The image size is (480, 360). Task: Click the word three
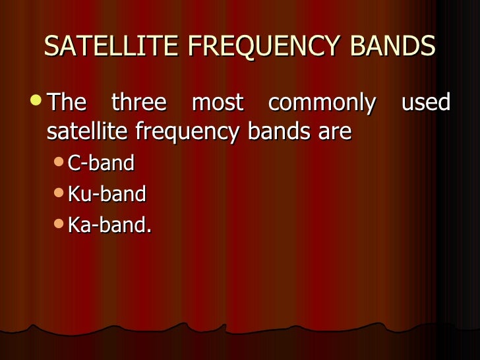point(138,103)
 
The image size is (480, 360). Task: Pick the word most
point(217,103)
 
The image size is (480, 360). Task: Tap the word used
point(425,103)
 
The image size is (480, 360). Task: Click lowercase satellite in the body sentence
point(89,132)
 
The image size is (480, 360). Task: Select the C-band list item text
point(101,163)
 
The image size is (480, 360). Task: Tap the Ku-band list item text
point(106,194)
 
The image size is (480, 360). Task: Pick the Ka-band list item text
point(107,225)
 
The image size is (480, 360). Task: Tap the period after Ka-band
point(149,230)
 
